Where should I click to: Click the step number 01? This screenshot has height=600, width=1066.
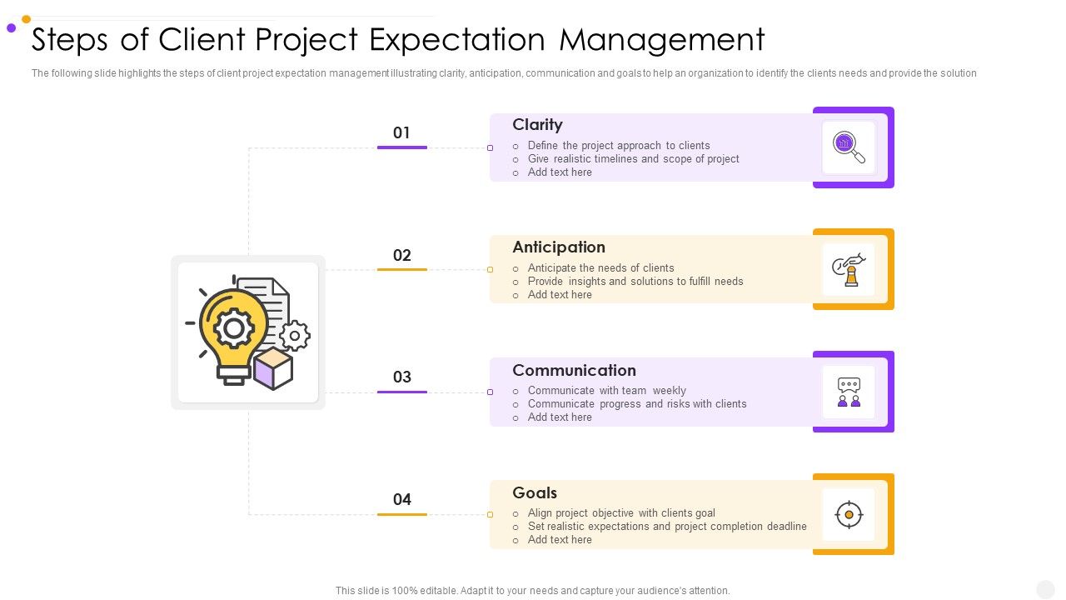[401, 133]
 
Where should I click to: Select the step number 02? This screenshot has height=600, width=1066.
[401, 256]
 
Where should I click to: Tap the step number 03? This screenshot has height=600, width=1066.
[401, 377]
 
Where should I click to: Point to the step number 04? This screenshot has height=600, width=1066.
[401, 500]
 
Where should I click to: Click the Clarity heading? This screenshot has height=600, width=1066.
[537, 125]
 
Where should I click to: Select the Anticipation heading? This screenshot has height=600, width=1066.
[559, 247]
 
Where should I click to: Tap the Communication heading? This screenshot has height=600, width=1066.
[574, 370]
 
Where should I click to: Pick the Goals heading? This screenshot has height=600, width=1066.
[535, 492]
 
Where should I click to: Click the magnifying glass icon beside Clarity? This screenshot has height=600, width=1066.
[849, 147]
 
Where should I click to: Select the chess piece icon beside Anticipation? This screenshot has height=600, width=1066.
[849, 270]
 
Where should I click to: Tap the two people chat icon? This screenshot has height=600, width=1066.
[849, 392]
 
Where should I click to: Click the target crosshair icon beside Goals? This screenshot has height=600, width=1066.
[849, 515]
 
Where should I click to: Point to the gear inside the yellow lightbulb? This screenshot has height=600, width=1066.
[234, 328]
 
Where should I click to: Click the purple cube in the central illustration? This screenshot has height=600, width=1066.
[273, 369]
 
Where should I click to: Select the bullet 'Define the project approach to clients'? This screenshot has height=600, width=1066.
[619, 146]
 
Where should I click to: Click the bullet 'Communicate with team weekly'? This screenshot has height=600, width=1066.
[606, 391]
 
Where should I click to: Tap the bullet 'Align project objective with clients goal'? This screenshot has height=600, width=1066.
[621, 513]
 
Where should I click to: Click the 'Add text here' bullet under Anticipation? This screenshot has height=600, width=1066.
[560, 295]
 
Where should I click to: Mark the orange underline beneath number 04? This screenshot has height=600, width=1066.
[401, 515]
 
